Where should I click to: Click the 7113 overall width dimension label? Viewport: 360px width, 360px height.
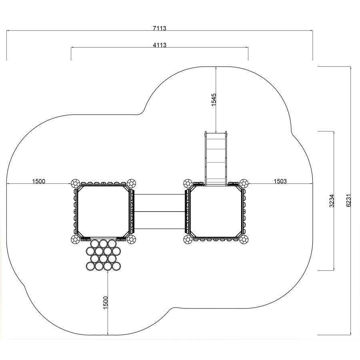pos(160,28)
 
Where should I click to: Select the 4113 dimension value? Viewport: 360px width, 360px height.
pos(160,45)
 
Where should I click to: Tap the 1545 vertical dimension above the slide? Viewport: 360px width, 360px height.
pos(214,100)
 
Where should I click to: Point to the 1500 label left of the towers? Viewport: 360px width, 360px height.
pos(38,181)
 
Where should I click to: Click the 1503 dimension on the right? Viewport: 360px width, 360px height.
pos(280,181)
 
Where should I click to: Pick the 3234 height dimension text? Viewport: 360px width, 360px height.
pos(332,201)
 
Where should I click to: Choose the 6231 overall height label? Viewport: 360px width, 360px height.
pos(348,201)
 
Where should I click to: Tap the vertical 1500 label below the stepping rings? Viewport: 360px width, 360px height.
pos(105,303)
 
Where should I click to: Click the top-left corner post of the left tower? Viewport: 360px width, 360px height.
pos(75,183)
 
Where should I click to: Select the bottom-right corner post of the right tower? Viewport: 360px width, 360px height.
pos(244,240)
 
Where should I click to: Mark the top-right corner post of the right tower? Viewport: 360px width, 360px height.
pos(244,183)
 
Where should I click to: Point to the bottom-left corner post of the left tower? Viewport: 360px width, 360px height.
pos(75,240)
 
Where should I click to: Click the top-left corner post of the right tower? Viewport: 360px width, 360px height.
pos(188,183)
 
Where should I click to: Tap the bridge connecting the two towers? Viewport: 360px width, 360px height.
pos(159,212)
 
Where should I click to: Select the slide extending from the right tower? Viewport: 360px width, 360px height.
pos(216,158)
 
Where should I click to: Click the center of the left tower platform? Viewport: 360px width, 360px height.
pos(103,211)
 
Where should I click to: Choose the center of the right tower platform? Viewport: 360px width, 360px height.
pos(216,211)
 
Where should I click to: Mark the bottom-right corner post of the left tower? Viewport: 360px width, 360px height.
pos(131,240)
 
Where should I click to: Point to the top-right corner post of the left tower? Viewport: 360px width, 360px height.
pos(131,183)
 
